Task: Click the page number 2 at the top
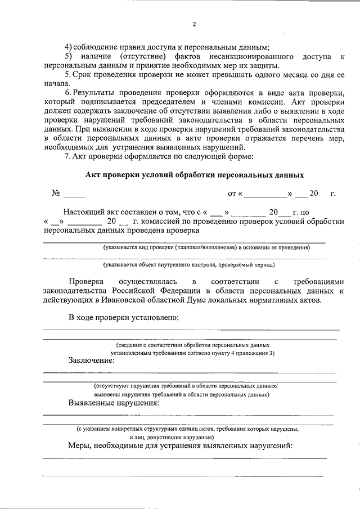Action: coord(194,25)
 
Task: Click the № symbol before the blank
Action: coord(56,193)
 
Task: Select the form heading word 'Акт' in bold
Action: coord(93,175)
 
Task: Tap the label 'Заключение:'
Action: coord(91,360)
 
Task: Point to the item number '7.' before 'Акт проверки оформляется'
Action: coord(67,156)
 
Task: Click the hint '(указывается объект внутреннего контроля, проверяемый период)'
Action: coord(188,264)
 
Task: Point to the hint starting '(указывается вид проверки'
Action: coord(206,247)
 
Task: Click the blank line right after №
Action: coord(74,196)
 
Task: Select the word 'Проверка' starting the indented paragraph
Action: coord(87,281)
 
